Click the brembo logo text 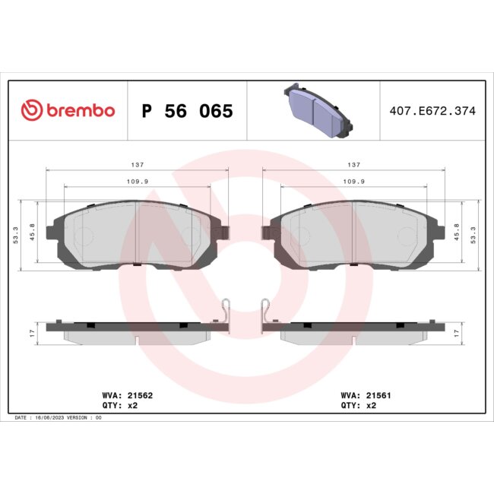(80, 111)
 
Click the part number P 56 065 (187, 111)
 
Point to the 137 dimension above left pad (137, 165)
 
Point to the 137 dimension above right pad (353, 165)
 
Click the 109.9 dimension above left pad (137, 182)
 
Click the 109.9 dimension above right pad (353, 182)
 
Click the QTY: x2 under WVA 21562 (119, 405)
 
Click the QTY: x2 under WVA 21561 (359, 405)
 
